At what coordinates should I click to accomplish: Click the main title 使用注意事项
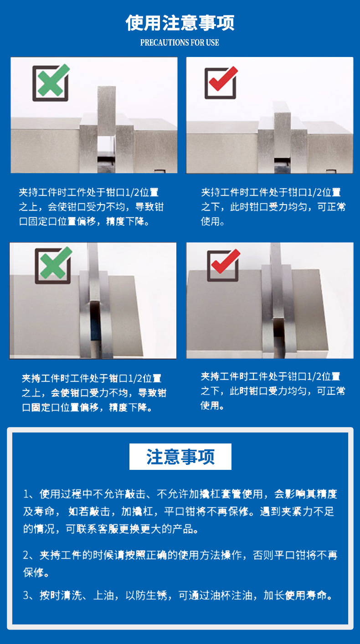click(x=180, y=23)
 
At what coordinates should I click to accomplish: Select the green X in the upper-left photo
click(x=51, y=82)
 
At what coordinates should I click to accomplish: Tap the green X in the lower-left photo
click(x=54, y=265)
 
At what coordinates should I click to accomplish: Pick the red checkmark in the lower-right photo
click(x=224, y=264)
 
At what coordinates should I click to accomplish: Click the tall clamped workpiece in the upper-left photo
click(x=107, y=112)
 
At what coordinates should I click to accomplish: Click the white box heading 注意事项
click(x=180, y=457)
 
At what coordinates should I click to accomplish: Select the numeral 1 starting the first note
click(x=26, y=494)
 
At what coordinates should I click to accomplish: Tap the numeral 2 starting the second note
click(x=26, y=556)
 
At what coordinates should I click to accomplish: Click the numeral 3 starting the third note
click(x=26, y=596)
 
